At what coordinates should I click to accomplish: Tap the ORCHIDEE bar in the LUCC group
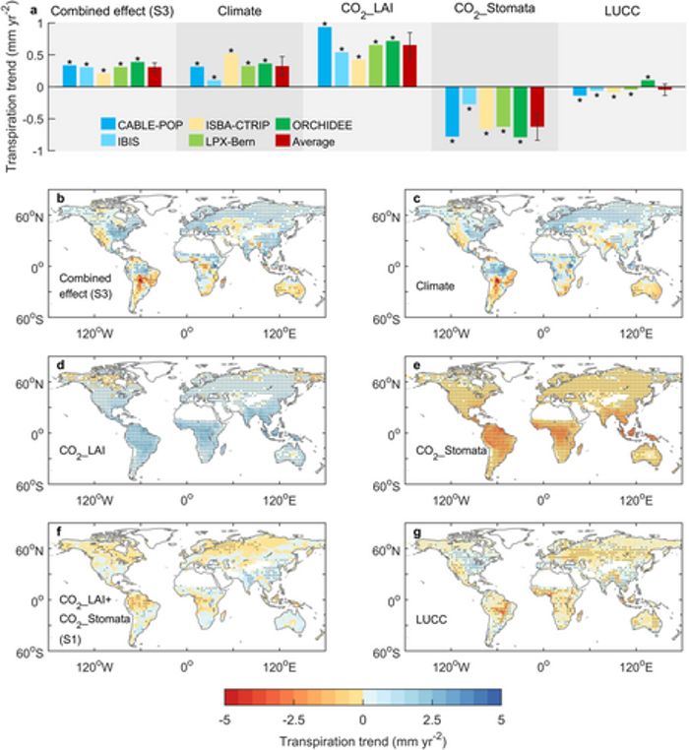tap(647, 83)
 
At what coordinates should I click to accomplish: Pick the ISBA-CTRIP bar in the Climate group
tap(231, 70)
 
